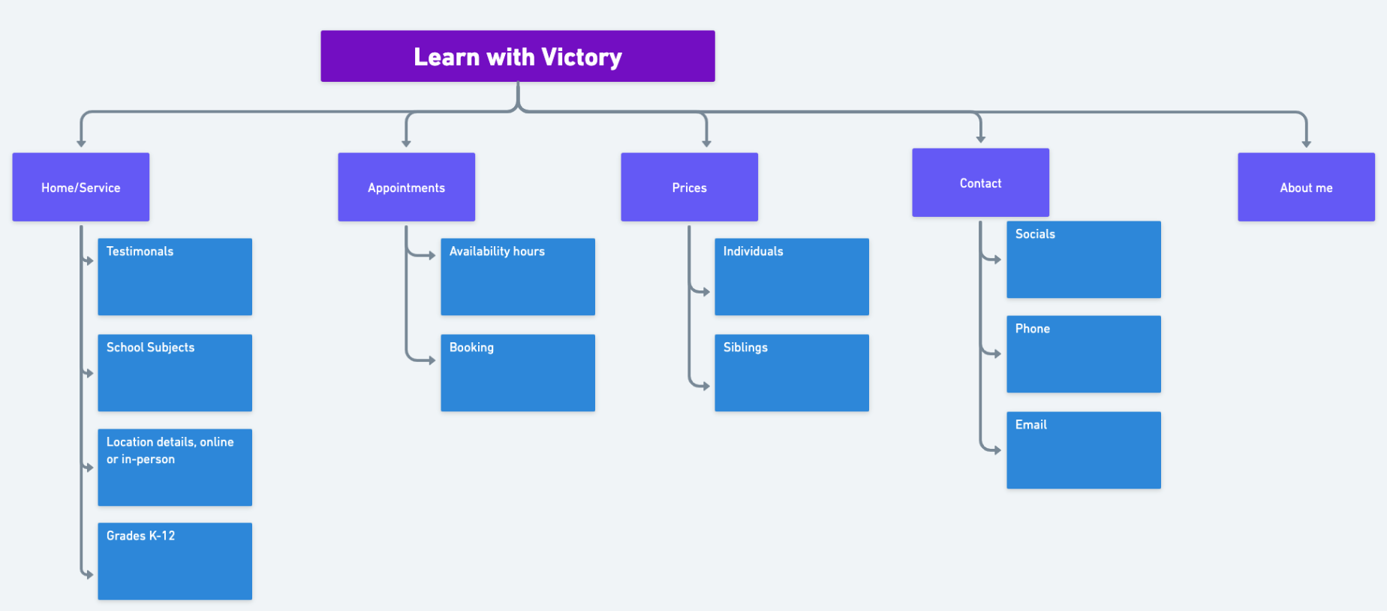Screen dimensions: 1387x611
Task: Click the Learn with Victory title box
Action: tap(518, 56)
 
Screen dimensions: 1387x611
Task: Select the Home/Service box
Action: tap(81, 187)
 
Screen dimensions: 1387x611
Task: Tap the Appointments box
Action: tap(407, 187)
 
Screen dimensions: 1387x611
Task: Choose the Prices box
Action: tap(690, 187)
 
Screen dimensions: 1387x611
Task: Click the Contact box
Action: tap(981, 182)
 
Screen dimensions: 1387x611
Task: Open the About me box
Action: tap(1307, 187)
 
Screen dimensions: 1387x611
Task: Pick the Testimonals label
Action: tap(140, 251)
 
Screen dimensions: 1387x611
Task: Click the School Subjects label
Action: tap(150, 348)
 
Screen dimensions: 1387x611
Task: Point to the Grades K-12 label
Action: tap(140, 536)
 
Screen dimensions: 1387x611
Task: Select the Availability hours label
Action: tap(497, 251)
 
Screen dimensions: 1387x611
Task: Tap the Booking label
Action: tap(471, 348)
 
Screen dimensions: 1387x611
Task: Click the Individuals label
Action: tap(753, 251)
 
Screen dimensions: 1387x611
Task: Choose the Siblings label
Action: tap(745, 348)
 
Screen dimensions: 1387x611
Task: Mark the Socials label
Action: tap(1035, 234)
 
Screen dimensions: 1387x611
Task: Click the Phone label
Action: tap(1033, 329)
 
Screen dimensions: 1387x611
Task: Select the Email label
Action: tap(1031, 425)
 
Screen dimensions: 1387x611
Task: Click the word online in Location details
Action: tap(217, 442)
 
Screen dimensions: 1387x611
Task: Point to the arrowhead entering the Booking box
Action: tap(432, 360)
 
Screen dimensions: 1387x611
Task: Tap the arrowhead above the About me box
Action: tap(1307, 143)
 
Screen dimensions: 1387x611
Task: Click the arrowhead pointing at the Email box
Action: tap(997, 450)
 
